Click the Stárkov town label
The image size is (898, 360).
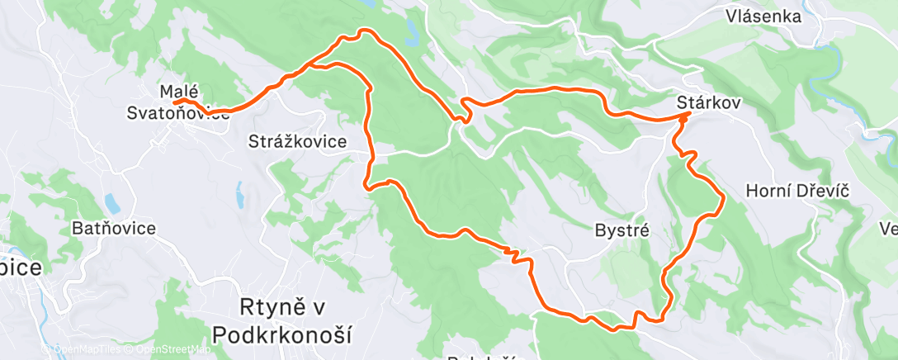708,102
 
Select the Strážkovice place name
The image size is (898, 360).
297,141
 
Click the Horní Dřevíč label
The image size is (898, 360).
797,191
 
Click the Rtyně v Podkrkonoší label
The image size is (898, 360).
281,320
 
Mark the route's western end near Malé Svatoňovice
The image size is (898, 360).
175,102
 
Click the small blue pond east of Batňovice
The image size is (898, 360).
109,203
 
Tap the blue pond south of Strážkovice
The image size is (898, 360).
239,195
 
